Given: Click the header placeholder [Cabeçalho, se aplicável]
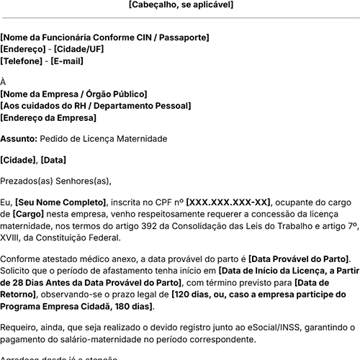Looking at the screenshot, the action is [180, 5].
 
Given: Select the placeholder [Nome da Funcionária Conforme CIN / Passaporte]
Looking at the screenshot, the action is [105, 36].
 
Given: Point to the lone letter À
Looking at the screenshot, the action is [4, 82].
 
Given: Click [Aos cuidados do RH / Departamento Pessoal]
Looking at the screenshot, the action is [96, 106].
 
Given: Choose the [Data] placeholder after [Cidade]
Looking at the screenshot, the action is [54, 159].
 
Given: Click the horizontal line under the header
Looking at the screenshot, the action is [180, 18].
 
